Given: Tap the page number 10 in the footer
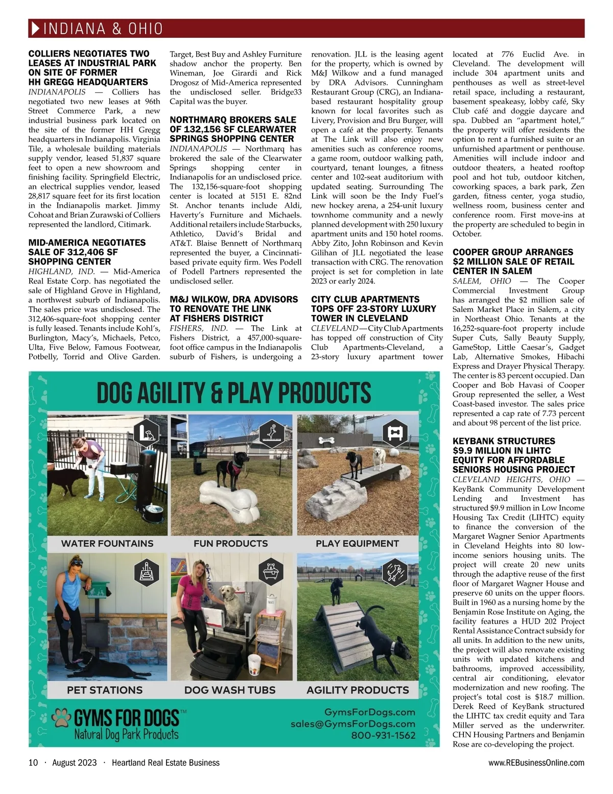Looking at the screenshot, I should (33, 763).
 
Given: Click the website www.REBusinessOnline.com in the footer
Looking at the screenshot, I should (536, 763).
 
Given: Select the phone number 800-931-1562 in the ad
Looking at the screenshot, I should (383, 736).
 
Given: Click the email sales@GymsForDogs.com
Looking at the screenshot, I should (353, 724).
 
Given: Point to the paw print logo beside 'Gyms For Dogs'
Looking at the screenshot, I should (62, 717).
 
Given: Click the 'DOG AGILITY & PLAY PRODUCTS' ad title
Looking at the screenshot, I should (234, 393).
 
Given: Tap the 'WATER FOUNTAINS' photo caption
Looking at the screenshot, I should (107, 543).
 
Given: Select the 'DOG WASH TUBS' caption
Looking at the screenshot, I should (230, 690).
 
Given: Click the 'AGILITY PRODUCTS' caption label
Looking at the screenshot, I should (358, 690).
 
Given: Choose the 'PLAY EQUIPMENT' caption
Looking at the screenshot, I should (357, 543).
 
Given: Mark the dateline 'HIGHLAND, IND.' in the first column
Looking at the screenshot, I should (61, 272).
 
